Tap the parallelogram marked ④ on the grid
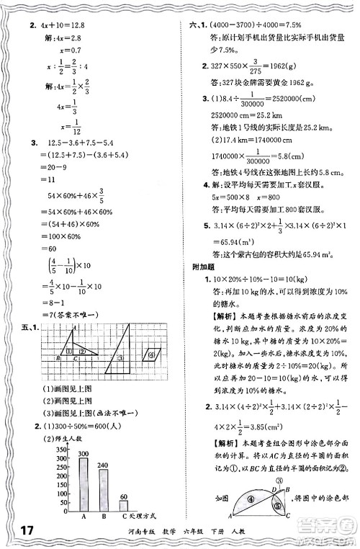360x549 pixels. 152,354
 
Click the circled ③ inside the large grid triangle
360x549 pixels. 122,357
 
